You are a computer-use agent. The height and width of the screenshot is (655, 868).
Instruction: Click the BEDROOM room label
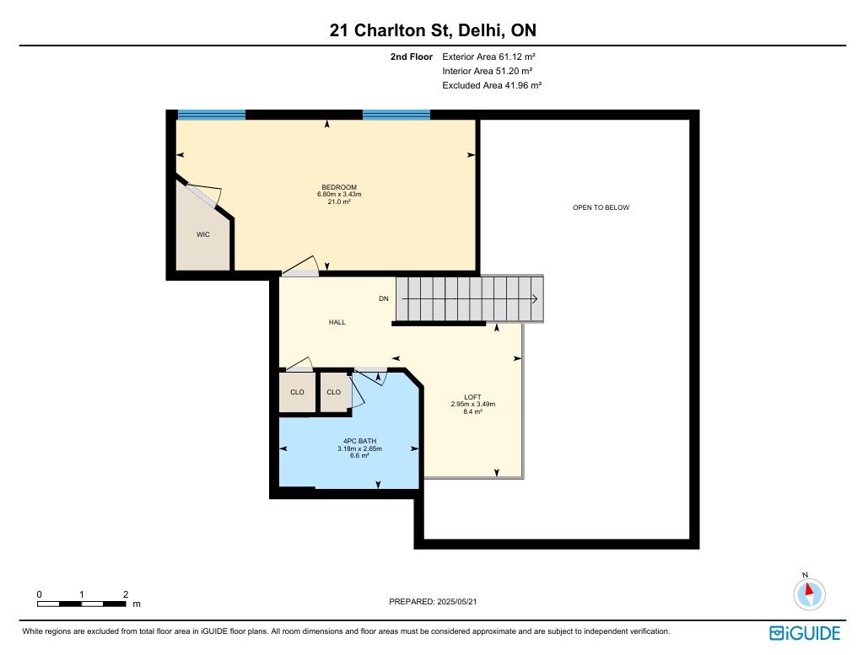click(339, 187)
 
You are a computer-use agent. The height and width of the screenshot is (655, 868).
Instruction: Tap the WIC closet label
click(203, 234)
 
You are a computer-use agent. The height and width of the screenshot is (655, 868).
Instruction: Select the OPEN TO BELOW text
click(601, 207)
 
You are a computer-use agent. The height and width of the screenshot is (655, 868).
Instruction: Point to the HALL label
click(337, 322)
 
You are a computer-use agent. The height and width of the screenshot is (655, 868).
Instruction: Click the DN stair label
click(384, 298)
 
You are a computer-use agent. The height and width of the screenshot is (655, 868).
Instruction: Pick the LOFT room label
click(472, 397)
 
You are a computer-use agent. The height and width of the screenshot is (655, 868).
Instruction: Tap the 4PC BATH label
click(360, 442)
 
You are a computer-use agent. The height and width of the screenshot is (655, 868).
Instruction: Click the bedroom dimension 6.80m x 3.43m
click(339, 194)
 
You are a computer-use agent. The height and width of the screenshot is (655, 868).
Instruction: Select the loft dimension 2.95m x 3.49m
click(472, 405)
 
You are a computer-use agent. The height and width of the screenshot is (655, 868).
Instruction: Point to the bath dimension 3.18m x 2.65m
click(360, 448)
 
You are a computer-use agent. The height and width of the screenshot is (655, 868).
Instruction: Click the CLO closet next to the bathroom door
click(334, 392)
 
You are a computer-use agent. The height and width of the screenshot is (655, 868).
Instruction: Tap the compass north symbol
click(809, 593)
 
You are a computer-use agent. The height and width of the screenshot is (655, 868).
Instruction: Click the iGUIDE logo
click(805, 633)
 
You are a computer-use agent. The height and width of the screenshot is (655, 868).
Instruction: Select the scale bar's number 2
click(126, 594)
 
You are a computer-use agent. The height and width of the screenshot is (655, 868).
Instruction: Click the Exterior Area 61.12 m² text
click(488, 56)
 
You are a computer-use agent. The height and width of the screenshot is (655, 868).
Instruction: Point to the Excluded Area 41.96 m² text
click(492, 85)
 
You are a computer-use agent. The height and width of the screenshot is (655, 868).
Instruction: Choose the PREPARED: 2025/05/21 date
click(433, 601)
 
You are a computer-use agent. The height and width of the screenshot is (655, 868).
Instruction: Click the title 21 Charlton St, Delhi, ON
click(433, 30)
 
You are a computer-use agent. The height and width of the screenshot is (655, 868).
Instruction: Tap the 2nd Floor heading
click(412, 56)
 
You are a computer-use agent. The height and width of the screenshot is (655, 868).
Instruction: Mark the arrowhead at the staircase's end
click(536, 299)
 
